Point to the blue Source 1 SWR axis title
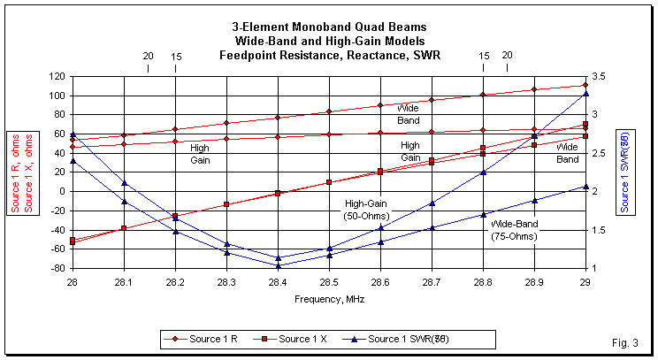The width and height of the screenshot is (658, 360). coord(625,172)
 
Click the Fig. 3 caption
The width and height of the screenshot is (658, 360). coord(624,342)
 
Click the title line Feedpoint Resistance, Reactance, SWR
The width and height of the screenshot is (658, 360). coord(329,55)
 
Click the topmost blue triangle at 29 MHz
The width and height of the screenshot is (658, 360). coord(585,93)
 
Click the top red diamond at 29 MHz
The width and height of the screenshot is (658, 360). coord(585,86)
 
